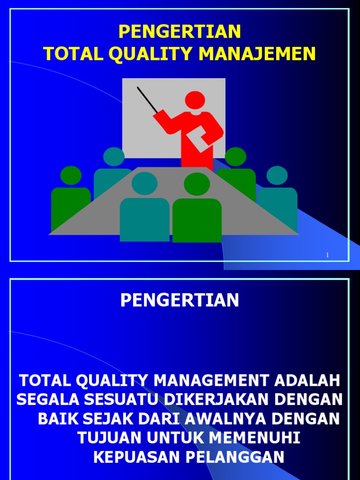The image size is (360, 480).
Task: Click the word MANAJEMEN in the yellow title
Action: (x=257, y=54)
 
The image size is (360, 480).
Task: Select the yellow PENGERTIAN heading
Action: (x=180, y=31)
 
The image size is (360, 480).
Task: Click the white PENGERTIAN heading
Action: (x=180, y=300)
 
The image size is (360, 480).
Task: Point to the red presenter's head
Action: (x=195, y=100)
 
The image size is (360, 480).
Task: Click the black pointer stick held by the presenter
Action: (x=147, y=99)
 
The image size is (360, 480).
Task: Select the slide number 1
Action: (x=327, y=255)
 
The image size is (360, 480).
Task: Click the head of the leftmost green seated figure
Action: (x=71, y=175)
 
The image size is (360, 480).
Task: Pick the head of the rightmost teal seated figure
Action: (x=277, y=175)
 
